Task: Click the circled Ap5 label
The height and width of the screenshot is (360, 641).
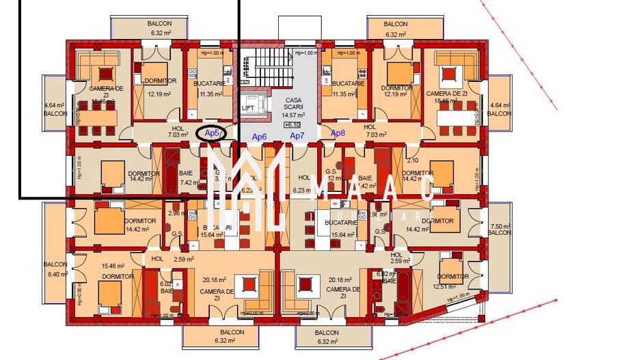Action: [x=212, y=133]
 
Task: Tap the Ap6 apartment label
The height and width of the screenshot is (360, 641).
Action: [x=259, y=137]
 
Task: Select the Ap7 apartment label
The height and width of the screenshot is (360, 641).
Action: [x=297, y=136]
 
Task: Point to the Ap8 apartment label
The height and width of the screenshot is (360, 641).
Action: [x=338, y=133]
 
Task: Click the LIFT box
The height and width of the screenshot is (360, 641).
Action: [x=247, y=107]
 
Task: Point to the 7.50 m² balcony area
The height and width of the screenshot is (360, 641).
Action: [x=500, y=226]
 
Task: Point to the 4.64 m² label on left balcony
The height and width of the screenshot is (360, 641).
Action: [x=55, y=105]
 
